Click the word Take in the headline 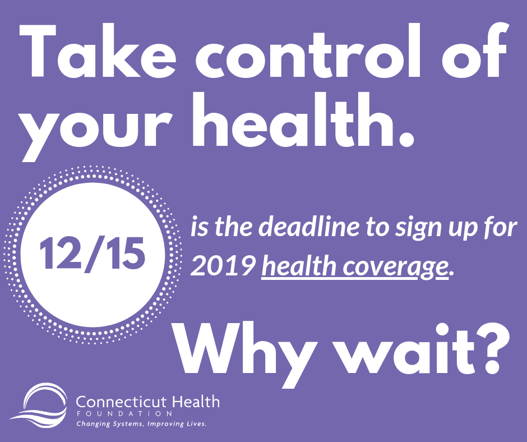[98, 50]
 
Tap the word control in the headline [308, 50]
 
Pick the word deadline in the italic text [310, 227]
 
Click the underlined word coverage [396, 268]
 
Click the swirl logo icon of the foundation [39, 406]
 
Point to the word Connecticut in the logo [121, 402]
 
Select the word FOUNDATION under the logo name [124, 414]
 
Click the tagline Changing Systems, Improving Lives [141, 424]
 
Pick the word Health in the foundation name [196, 402]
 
